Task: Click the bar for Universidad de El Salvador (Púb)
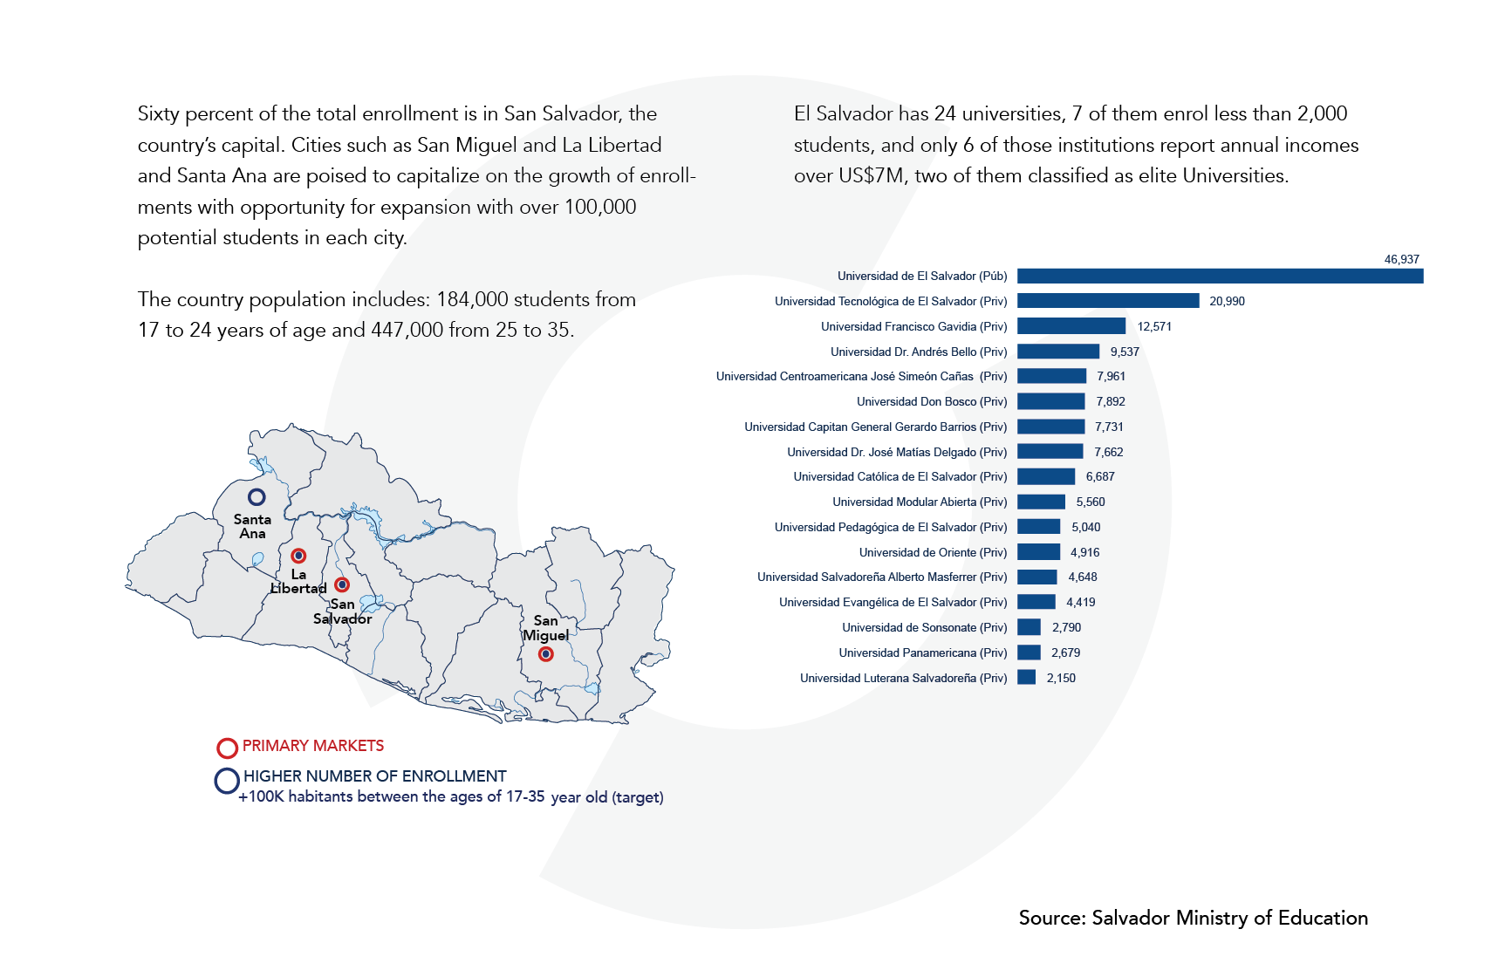pos(1220,277)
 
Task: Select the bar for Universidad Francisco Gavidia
pos(1071,326)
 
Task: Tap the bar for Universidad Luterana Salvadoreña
pos(1027,678)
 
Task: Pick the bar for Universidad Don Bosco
pos(1051,401)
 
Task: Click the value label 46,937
pos(1401,259)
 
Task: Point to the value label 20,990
pos(1227,301)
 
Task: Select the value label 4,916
pos(1084,552)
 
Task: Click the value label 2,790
pos(1066,627)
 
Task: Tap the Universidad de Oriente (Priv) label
pos(933,552)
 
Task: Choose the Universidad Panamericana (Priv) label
pos(922,652)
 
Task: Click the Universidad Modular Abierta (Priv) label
pos(920,502)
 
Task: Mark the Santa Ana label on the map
pos(252,526)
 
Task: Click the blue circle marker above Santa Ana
pos(257,496)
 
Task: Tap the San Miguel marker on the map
pos(545,654)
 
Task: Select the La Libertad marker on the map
pos(298,556)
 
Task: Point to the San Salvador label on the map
pos(342,611)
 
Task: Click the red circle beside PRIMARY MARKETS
pos(227,748)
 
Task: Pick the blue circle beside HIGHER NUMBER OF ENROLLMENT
pos(227,781)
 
